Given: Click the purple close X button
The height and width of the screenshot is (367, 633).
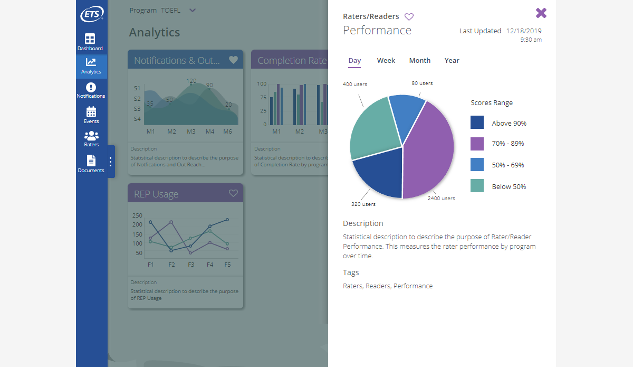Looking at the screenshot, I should click(541, 13).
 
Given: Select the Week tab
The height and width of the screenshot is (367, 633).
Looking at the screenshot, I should click(386, 61).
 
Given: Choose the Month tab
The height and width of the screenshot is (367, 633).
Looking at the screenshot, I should click(420, 61).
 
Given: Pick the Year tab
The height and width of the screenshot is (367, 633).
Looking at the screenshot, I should click(452, 61).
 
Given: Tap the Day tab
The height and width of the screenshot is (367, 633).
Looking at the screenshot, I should click(355, 61).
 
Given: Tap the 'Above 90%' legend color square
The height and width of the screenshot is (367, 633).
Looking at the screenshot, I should click(477, 123).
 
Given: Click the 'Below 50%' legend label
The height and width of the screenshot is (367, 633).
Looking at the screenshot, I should click(509, 186).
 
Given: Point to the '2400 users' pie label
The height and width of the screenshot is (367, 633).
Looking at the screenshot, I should click(441, 199).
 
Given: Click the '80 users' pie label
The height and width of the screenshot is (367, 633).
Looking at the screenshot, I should click(422, 83).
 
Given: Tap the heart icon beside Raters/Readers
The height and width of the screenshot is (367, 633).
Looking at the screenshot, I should click(409, 17).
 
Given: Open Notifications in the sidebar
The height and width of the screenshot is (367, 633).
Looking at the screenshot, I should click(91, 90).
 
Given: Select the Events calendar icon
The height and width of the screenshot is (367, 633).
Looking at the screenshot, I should click(91, 111).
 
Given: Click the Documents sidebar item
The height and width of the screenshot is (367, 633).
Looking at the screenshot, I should click(91, 164).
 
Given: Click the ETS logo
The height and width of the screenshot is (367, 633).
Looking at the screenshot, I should click(91, 15).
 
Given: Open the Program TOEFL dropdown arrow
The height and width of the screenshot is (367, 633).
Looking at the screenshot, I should click(192, 11).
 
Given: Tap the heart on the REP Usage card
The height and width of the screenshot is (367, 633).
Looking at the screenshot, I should click(234, 193).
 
